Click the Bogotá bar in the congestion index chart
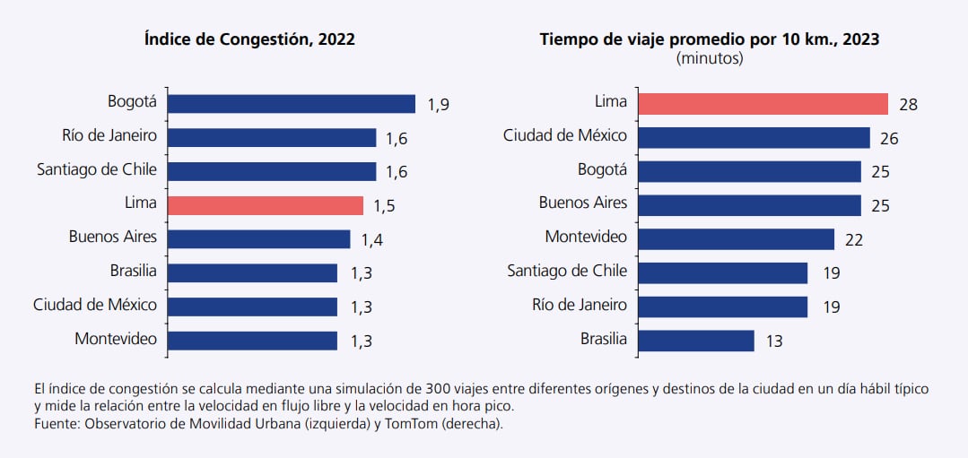pos(292,104)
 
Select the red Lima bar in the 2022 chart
pos(266,205)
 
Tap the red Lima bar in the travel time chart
pos(763,104)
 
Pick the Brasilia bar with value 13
pos(696,341)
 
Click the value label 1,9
pos(438,105)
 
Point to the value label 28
pos(908,105)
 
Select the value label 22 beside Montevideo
pos(853,239)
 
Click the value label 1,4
pos(372,239)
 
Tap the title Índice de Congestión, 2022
pos(249,39)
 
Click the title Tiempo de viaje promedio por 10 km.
pos(709,39)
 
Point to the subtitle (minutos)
pos(709,58)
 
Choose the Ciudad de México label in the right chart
pos(565,136)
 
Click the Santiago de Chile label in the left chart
pos(97,169)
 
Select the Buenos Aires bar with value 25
pos(749,205)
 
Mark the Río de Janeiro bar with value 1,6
pos(272,137)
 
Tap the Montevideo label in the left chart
pos(116,339)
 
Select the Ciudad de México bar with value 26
pos(754,137)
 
